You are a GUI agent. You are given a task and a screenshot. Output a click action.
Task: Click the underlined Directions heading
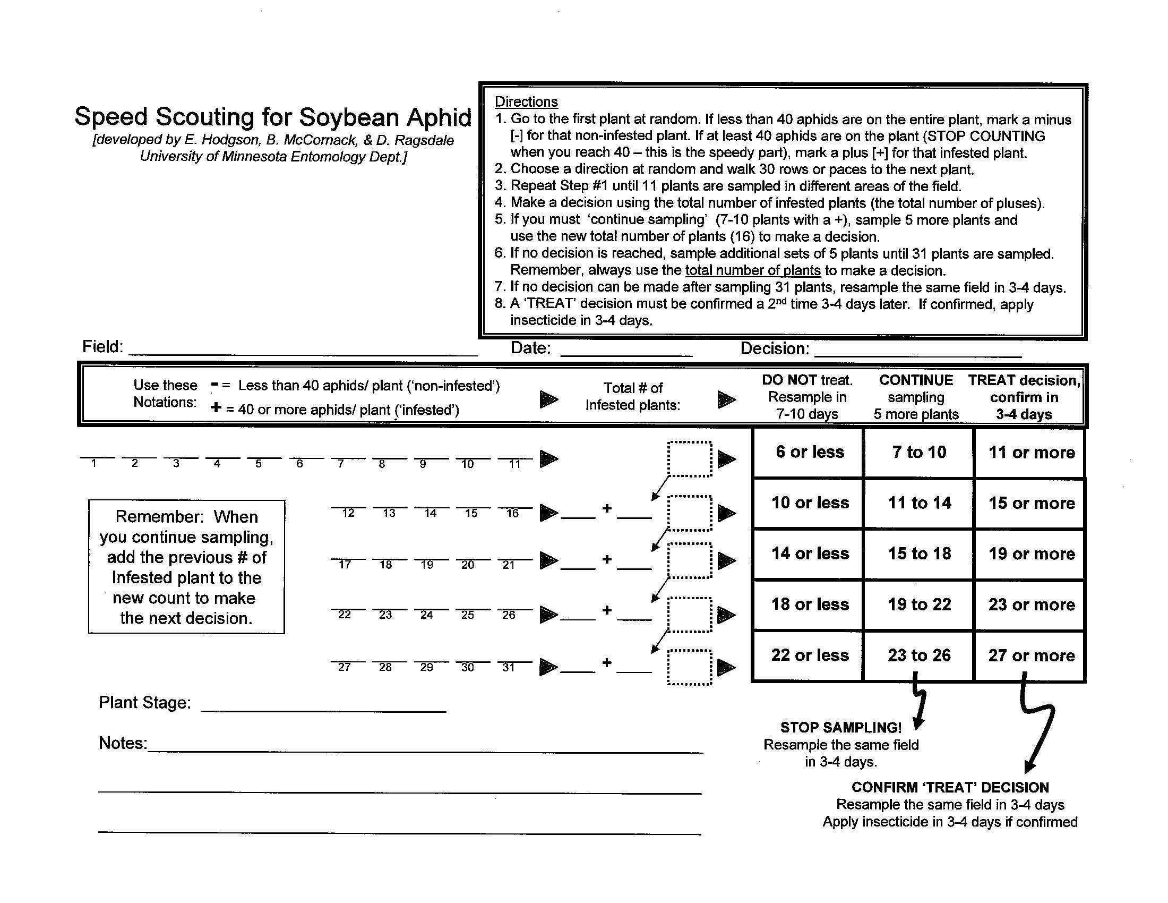pyautogui.click(x=526, y=101)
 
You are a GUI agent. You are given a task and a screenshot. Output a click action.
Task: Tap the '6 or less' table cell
pyautogui.click(x=809, y=452)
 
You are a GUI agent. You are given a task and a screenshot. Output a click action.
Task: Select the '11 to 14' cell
pyautogui.click(x=920, y=503)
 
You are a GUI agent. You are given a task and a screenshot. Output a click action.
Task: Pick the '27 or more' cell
pyautogui.click(x=1031, y=655)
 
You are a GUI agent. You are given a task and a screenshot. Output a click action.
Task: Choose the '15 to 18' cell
pyautogui.click(x=920, y=553)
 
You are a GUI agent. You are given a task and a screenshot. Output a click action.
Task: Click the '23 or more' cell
pyautogui.click(x=1031, y=604)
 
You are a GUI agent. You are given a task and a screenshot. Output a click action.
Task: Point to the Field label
pyautogui.click(x=102, y=347)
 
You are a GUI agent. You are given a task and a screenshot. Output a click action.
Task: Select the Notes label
pyautogui.click(x=122, y=743)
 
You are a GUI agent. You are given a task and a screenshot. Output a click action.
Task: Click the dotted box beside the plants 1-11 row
pyautogui.click(x=689, y=459)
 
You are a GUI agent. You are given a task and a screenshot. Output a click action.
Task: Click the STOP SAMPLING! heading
pyautogui.click(x=840, y=728)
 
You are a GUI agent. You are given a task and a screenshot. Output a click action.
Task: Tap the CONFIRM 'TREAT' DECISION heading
pyautogui.click(x=950, y=787)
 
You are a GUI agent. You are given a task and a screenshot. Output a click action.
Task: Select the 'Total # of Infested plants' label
pyautogui.click(x=633, y=396)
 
